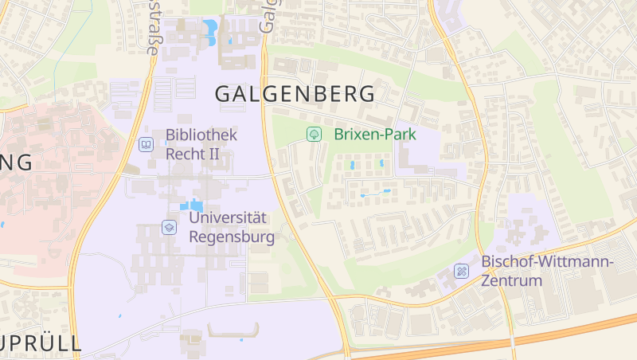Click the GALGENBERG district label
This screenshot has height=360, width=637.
[x=295, y=93]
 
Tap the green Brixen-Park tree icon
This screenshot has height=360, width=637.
[x=315, y=135]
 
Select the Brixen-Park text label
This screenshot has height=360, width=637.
[x=375, y=135]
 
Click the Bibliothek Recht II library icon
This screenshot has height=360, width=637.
[x=146, y=144]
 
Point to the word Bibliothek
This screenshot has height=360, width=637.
[x=201, y=135]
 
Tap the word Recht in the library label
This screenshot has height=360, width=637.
[x=185, y=154]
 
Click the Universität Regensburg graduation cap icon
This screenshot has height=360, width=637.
[x=169, y=227]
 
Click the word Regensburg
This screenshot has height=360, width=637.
[x=232, y=237]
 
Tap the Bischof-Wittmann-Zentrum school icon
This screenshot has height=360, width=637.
[x=461, y=272]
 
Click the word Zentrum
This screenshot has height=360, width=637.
[x=511, y=280]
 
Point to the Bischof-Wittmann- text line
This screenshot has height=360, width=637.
[x=547, y=261]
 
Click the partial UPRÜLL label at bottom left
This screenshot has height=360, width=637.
[x=40, y=344]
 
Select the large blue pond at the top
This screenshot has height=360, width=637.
[x=211, y=31]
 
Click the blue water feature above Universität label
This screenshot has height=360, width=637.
[x=194, y=205]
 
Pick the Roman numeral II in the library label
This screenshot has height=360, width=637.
[x=213, y=154]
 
